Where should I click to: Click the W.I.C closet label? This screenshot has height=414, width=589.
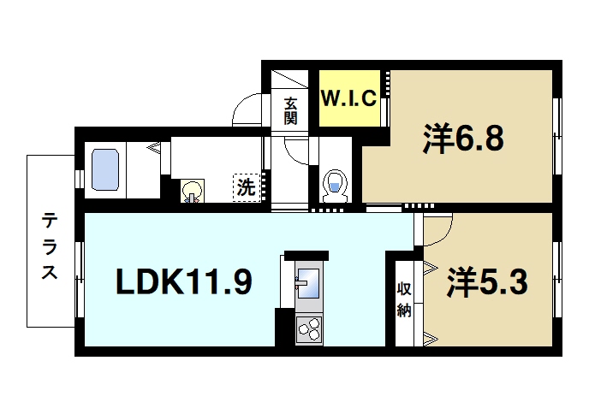coord(348,98)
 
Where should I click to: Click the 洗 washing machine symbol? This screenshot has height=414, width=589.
coord(247,187)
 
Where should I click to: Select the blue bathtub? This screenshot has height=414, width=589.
coord(106,170)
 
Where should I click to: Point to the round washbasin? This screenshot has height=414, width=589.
coord(193,191)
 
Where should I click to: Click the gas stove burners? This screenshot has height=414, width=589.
coord(309,328)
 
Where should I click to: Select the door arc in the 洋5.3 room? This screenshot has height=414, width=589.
coord(438,228)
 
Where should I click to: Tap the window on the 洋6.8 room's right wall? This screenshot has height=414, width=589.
coord(557,128)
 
